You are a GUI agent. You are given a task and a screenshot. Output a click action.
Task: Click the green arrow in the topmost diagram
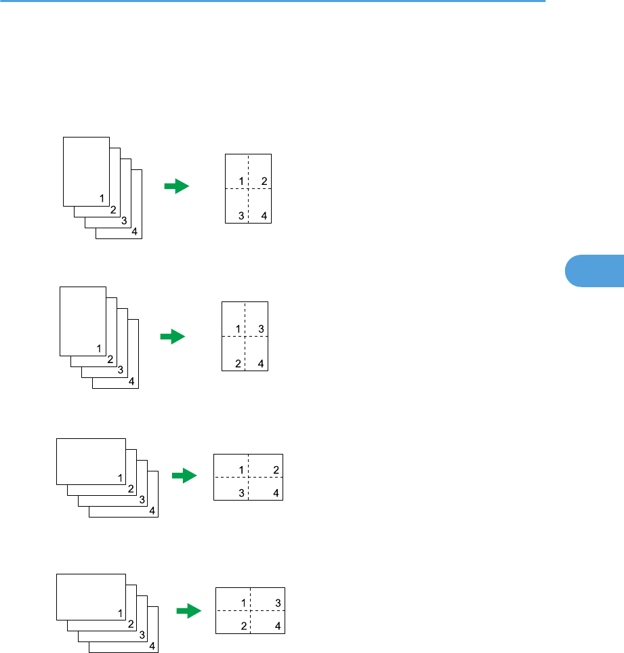176,186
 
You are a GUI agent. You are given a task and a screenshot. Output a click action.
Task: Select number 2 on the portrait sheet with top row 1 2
264,181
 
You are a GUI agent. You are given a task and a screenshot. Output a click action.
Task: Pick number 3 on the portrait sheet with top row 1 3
261,329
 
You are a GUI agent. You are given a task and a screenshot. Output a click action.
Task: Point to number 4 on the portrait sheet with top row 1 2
264,216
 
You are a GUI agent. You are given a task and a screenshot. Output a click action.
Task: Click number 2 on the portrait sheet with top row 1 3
238,364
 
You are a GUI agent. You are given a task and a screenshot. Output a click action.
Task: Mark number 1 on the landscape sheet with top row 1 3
243,603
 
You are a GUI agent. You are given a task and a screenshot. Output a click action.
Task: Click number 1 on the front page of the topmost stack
102,198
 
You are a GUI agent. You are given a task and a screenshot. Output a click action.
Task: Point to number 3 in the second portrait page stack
120,370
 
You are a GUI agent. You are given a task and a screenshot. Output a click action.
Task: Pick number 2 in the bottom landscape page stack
131,623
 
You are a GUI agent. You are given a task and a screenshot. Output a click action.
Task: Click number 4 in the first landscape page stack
152,511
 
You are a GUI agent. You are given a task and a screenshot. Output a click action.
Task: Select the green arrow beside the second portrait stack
173,336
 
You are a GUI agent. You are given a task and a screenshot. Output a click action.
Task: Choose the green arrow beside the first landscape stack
184,476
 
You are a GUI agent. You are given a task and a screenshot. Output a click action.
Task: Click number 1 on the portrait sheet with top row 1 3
238,329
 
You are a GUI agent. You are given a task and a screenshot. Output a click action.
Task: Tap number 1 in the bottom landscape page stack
120,613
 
